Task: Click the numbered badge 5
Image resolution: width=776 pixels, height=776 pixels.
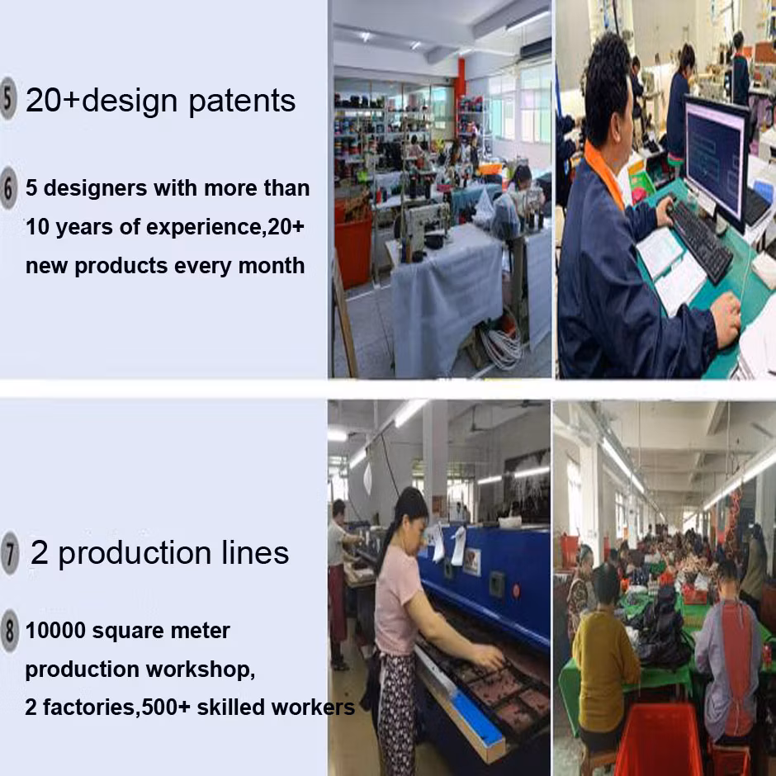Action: [7, 99]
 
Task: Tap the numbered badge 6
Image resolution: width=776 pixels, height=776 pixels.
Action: [8, 188]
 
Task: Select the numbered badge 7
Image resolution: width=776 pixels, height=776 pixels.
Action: [9, 553]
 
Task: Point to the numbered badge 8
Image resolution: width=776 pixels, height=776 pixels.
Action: [9, 630]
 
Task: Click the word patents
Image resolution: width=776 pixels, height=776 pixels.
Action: [242, 102]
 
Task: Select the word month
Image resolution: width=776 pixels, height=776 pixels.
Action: [272, 266]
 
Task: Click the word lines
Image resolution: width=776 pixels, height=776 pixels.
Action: [255, 553]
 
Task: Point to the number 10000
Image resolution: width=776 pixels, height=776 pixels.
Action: [55, 631]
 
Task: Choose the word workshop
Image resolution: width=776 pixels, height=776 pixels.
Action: [201, 670]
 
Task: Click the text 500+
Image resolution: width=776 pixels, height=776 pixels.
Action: [166, 707]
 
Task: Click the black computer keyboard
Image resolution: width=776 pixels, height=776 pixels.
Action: [700, 241]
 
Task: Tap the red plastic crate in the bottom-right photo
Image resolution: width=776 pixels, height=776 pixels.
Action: [661, 738]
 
